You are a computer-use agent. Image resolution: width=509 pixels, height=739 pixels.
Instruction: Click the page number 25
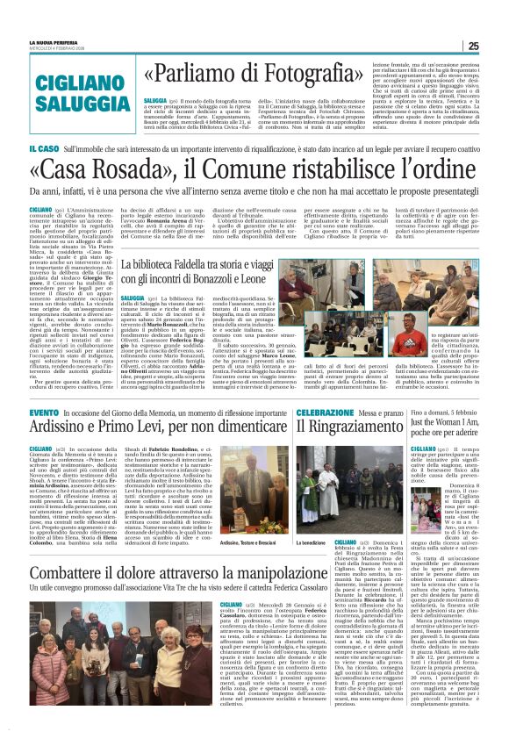point(497,46)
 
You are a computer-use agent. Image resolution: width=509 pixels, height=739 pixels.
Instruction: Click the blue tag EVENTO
point(44,412)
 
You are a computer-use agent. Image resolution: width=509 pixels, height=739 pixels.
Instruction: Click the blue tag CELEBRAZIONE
point(324,412)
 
